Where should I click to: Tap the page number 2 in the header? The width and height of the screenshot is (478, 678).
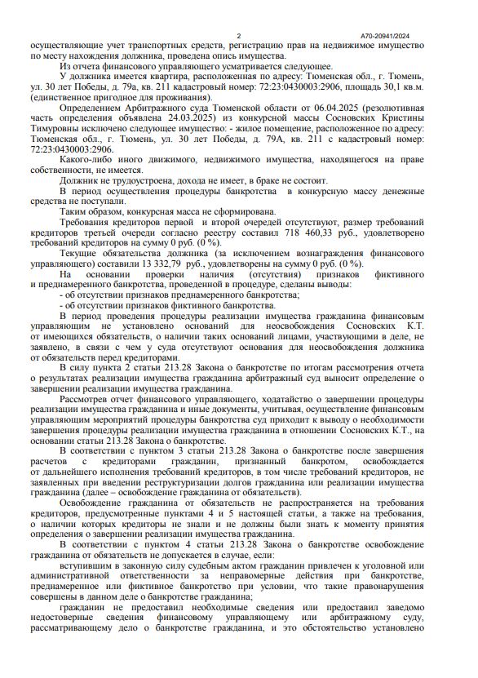(238, 36)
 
